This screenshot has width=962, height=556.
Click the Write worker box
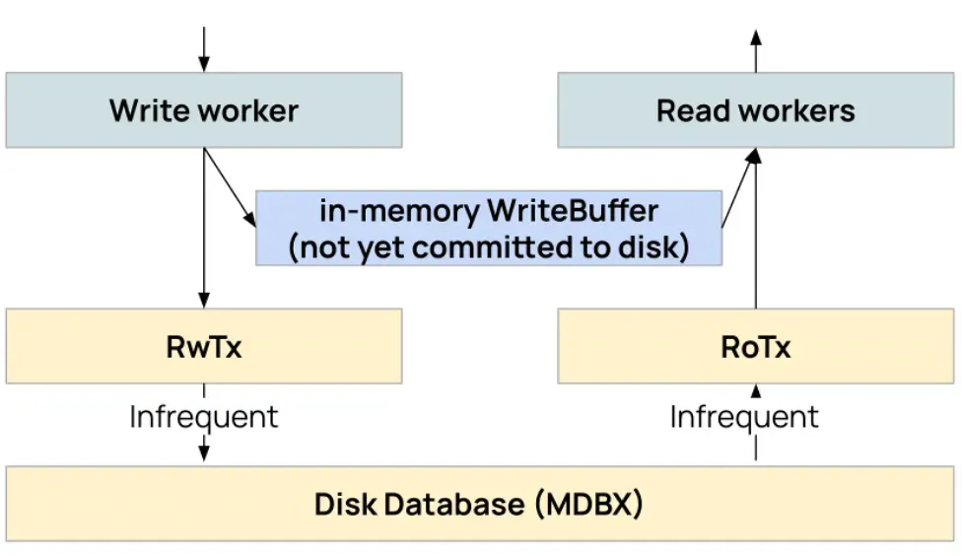[203, 109]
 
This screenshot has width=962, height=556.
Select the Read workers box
[755, 109]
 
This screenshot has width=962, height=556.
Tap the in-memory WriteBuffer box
[489, 229]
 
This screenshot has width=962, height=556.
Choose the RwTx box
[203, 346]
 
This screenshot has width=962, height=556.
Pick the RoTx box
[755, 346]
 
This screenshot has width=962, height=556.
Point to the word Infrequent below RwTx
[204, 416]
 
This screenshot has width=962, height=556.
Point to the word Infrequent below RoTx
[744, 416]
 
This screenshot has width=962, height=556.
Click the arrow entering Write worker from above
[204, 49]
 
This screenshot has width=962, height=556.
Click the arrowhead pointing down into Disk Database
[204, 453]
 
